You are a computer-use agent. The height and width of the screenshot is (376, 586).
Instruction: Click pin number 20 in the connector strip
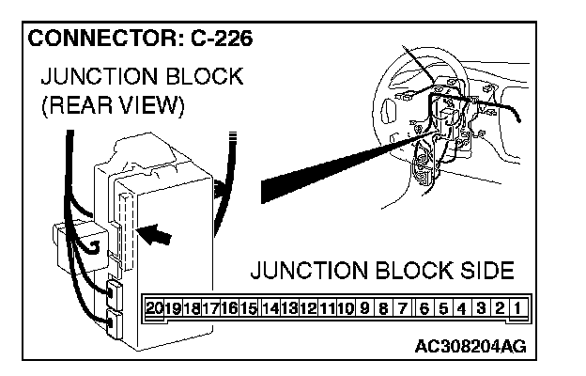point(156,307)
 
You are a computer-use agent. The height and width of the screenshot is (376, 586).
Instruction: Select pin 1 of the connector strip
point(517,307)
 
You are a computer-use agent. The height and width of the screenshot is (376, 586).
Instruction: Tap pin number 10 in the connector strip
point(346,307)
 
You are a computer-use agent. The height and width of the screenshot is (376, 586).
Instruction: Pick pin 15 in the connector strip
point(249,307)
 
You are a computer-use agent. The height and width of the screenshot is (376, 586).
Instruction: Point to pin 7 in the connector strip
point(402,307)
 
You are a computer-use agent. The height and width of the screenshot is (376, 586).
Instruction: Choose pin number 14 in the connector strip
point(271,307)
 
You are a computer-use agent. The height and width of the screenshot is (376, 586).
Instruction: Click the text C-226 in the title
point(218,40)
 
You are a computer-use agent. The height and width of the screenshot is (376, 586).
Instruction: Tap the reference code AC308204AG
point(470,345)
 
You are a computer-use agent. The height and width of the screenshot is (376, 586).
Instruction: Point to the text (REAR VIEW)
point(110,106)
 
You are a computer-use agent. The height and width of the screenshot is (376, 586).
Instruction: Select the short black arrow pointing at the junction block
point(156,235)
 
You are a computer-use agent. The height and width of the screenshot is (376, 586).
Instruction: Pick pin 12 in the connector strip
point(308,307)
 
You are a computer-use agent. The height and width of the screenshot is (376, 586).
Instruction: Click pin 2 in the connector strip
point(500,307)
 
